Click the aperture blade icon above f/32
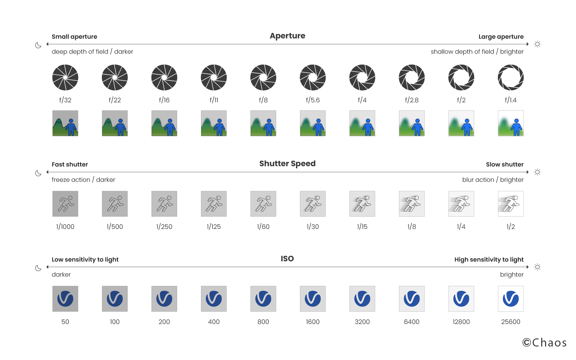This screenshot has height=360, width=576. point(65,77)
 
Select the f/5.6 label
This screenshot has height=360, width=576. point(313,100)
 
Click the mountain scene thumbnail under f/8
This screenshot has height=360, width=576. point(263,123)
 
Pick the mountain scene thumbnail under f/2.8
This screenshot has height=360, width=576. point(412,123)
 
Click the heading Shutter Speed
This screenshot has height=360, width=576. point(287,163)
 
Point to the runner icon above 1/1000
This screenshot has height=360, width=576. point(65,204)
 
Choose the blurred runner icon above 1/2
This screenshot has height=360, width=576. point(511,204)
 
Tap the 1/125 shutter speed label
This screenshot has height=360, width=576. point(214,227)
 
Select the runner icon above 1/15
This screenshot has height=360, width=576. point(362,204)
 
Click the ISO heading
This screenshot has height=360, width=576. point(287,259)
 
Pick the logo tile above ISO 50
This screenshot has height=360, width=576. point(65,299)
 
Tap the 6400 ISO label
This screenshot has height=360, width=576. point(412,322)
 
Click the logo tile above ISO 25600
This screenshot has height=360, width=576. point(511,299)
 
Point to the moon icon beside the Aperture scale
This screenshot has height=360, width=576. point(38,45)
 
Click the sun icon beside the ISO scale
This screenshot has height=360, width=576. point(537,267)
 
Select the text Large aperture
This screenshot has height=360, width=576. point(501,37)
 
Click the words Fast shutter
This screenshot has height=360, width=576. point(70,164)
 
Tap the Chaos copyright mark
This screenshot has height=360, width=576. point(544,343)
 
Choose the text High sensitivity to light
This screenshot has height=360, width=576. point(489,259)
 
